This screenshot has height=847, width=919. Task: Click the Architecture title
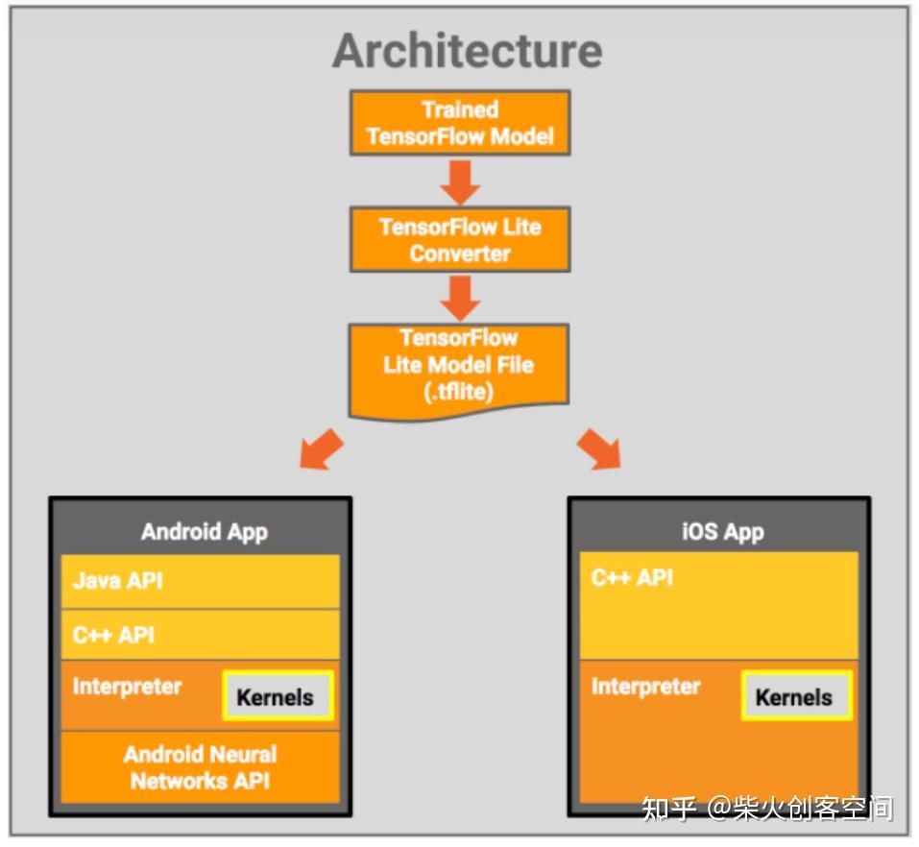click(x=468, y=50)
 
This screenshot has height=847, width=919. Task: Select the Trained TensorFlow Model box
click(x=460, y=123)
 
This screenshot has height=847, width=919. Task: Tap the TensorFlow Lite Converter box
click(x=460, y=240)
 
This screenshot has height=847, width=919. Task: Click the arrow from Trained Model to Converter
click(x=460, y=181)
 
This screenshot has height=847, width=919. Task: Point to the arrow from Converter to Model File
click(x=460, y=298)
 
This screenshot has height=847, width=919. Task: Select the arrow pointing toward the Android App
click(x=321, y=449)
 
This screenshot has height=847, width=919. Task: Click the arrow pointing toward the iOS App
click(x=599, y=449)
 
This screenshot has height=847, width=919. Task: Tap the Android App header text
click(x=204, y=531)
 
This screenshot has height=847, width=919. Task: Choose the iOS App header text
click(x=722, y=531)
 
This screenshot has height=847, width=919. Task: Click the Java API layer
click(x=118, y=581)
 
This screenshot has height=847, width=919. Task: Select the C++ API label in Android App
click(x=113, y=635)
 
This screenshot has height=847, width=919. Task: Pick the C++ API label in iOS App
click(x=632, y=577)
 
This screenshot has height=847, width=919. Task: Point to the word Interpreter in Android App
click(x=127, y=687)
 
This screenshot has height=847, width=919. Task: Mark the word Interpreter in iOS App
click(x=645, y=687)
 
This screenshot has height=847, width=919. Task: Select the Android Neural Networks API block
click(x=201, y=767)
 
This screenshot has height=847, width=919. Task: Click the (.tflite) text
click(x=459, y=391)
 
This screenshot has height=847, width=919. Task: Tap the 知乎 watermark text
click(x=668, y=809)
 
